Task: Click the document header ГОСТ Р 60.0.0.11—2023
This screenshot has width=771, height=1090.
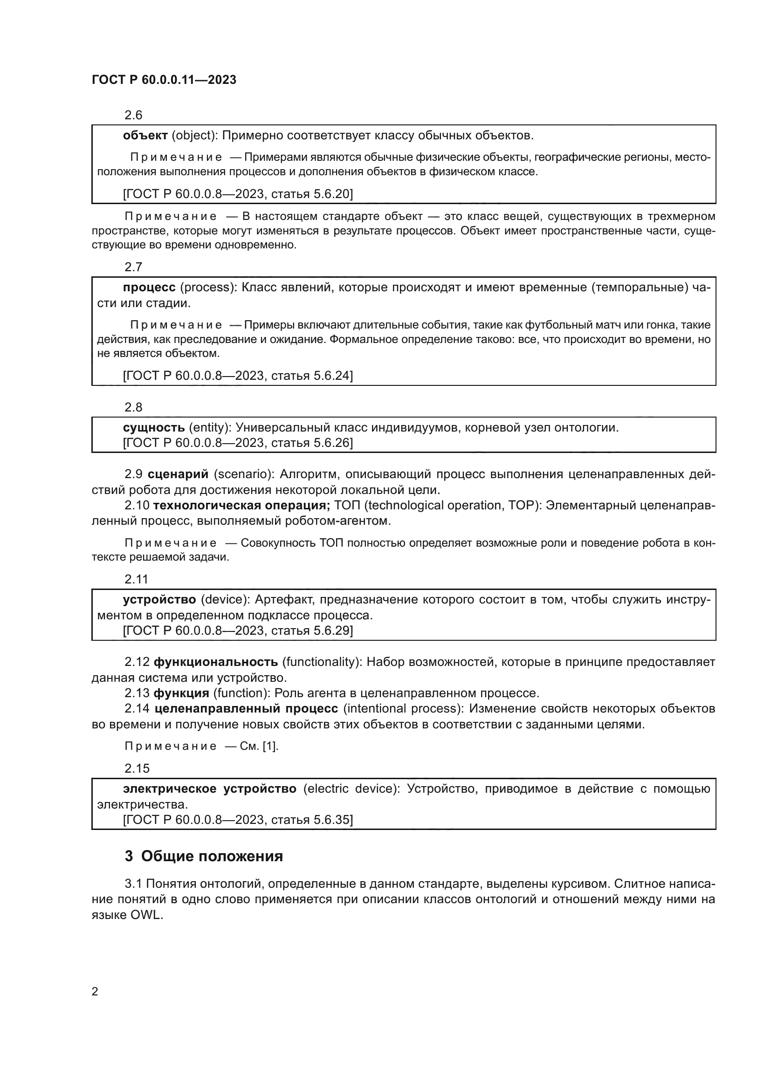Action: click(164, 80)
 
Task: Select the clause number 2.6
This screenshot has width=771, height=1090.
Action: click(133, 115)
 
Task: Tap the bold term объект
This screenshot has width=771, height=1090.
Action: click(145, 136)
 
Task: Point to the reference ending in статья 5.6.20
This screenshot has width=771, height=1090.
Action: click(237, 194)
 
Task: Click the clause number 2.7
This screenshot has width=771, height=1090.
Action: click(133, 267)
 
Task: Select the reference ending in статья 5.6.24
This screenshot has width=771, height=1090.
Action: click(237, 376)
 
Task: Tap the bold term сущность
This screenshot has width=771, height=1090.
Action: click(153, 428)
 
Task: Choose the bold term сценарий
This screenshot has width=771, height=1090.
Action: click(178, 474)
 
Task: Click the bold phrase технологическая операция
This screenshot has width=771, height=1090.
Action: click(241, 505)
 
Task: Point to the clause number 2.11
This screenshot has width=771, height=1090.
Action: click(136, 579)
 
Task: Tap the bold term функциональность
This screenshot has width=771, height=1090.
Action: click(216, 662)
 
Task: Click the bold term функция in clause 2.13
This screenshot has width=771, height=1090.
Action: click(181, 693)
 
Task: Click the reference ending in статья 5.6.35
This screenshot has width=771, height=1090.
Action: click(237, 820)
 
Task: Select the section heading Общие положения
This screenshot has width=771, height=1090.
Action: click(212, 856)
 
